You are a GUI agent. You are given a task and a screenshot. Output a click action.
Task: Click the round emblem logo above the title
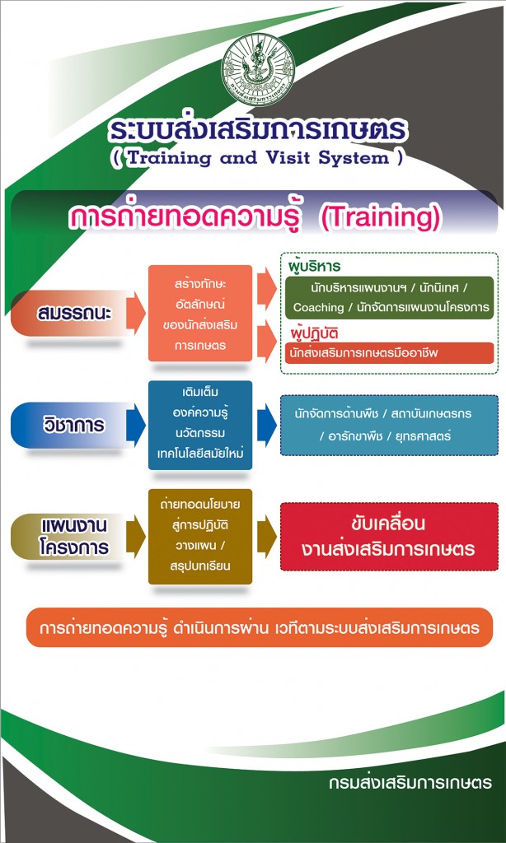coord(258,71)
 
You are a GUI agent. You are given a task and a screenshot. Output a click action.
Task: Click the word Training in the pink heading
coord(384,217)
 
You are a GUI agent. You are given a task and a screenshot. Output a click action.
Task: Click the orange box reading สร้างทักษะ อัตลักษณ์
coord(200,313)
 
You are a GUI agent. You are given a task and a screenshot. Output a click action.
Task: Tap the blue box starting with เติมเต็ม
coord(200,425)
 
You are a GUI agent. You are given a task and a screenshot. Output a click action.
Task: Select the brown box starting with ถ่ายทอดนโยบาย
coord(200,536)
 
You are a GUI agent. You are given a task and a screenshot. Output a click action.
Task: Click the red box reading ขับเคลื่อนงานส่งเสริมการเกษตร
coord(389,536)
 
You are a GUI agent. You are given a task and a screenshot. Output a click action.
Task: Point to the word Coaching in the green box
coord(319,308)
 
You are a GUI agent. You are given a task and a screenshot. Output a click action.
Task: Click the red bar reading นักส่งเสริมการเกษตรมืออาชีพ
coord(390,353)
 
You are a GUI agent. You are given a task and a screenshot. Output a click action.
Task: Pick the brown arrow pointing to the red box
coord(267,536)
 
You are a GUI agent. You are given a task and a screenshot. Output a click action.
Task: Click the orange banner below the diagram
coord(260,627)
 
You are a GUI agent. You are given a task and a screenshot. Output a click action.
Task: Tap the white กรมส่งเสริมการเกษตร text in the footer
coord(410,782)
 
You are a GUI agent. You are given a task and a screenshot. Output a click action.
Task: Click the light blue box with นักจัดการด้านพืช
coord(389,426)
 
